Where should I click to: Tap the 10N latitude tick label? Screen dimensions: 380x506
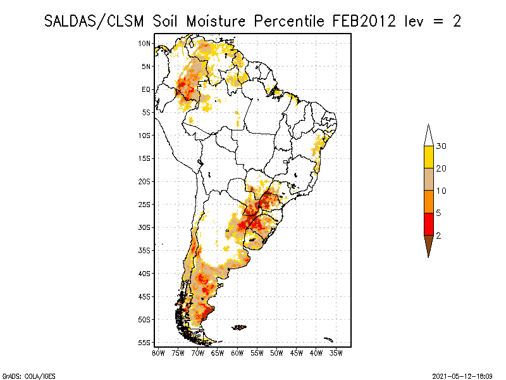click(x=145, y=43)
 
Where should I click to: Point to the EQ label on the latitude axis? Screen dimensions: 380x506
click(x=146, y=89)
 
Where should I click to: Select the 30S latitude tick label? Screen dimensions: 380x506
click(x=145, y=227)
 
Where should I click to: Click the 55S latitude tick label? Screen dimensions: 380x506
click(x=145, y=343)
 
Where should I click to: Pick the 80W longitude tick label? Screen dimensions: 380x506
click(x=158, y=353)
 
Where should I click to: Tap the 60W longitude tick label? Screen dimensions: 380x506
click(x=237, y=353)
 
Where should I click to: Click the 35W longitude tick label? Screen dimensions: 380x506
click(x=336, y=353)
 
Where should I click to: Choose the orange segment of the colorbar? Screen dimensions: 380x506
click(x=428, y=201)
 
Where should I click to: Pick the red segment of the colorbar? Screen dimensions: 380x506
click(x=428, y=224)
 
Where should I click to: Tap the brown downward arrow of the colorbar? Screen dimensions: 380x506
click(x=428, y=244)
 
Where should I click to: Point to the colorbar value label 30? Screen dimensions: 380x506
click(x=441, y=146)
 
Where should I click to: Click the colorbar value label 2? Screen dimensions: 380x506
click(x=438, y=235)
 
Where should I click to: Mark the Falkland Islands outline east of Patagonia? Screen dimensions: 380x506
click(x=239, y=327)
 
